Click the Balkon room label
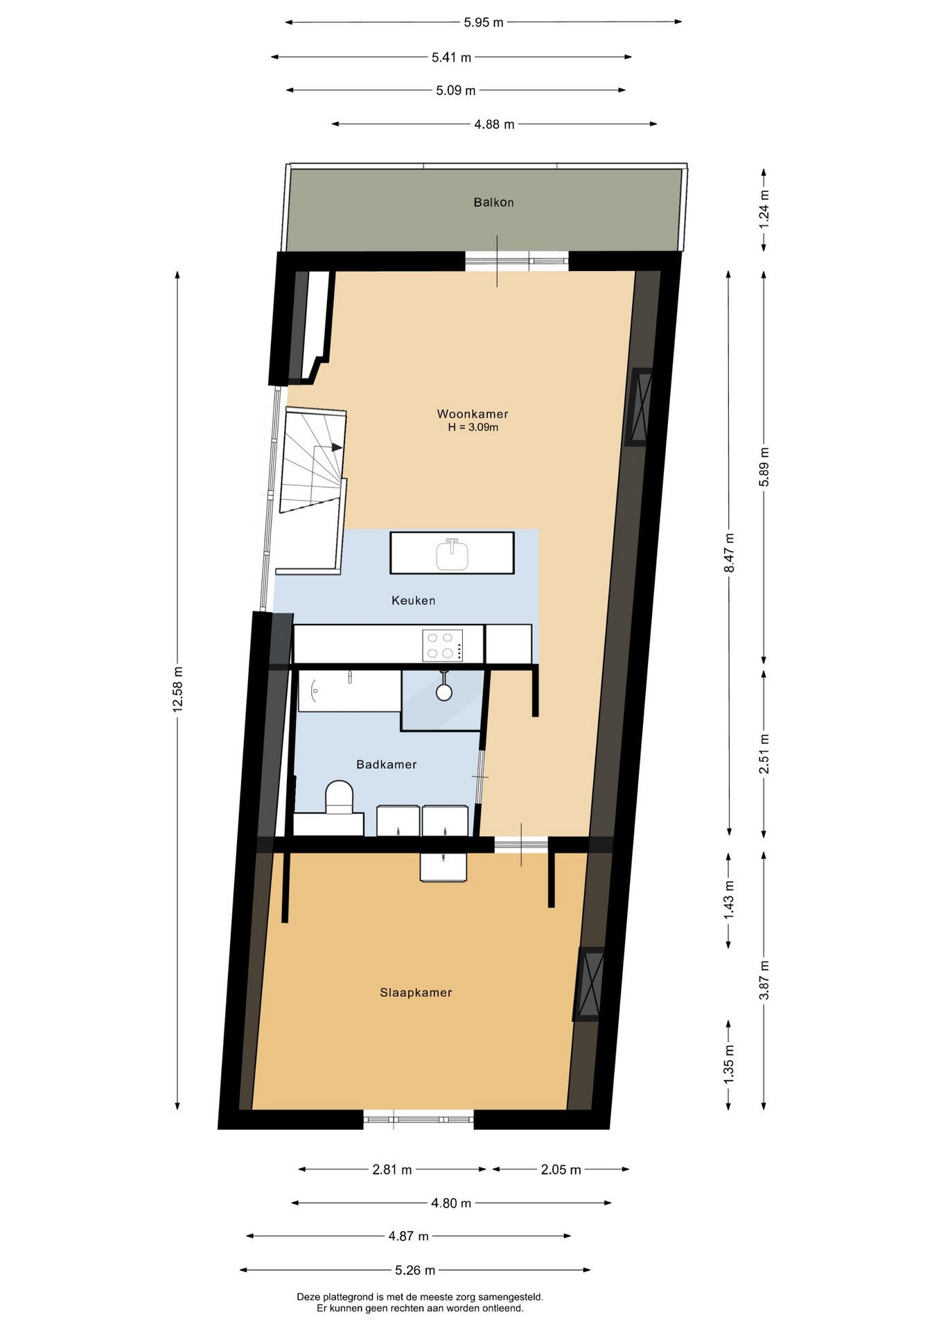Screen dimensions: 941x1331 493,202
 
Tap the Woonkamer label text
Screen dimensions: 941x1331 473,414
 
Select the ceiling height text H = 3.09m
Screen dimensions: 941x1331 473,428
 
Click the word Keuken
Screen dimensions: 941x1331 414,600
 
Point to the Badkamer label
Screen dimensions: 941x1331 387,765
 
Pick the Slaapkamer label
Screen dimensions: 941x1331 416,993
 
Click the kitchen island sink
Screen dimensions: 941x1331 452,554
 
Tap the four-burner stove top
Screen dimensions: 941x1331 443,645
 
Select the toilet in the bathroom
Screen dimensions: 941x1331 340,797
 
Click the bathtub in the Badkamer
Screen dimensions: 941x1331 350,690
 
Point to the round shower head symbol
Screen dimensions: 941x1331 444,692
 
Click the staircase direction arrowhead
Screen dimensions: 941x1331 337,447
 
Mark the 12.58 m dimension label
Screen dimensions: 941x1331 178,689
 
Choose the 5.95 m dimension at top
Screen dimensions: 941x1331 484,22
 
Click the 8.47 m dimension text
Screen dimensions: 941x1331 729,553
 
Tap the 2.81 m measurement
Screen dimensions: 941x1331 392,1169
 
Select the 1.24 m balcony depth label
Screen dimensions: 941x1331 764,209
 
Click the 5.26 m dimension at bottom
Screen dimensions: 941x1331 415,1270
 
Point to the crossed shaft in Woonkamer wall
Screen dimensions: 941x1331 640,407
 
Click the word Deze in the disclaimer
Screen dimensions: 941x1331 309,1296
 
